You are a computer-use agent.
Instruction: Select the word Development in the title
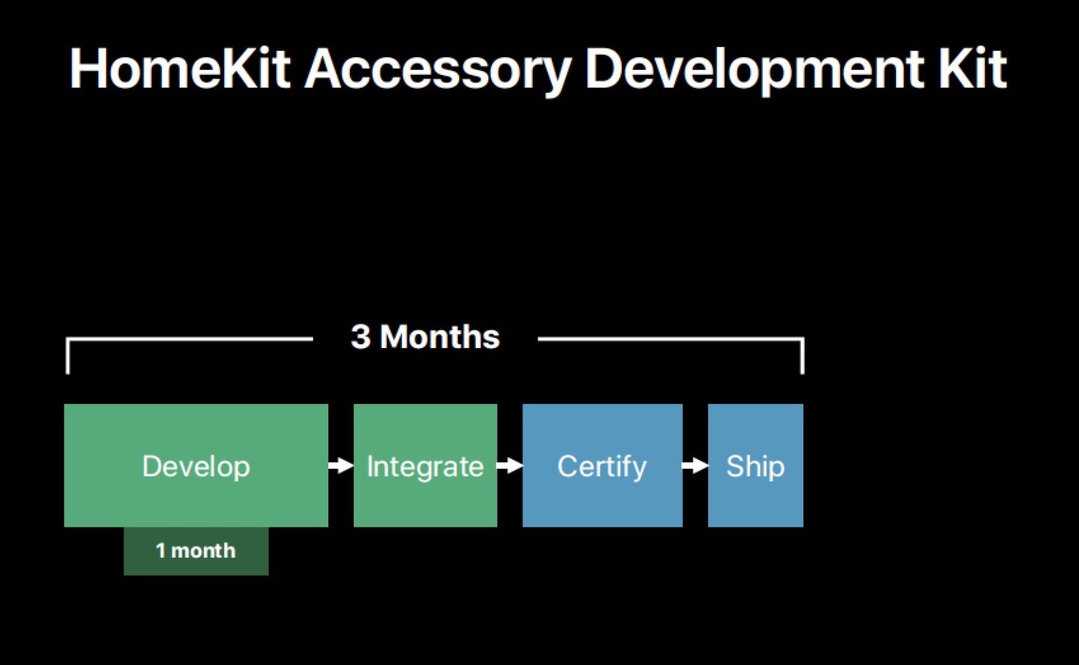754,71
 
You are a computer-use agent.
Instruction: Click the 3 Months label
425,336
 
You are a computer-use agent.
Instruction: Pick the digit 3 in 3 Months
361,336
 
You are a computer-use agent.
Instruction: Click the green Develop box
196,465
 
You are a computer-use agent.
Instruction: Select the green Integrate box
425,465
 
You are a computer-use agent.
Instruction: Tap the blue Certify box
603,465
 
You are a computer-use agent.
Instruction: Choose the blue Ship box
755,465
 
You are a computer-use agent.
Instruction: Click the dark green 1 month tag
196,551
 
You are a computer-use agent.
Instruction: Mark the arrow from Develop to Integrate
341,466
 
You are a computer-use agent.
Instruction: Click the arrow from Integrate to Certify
510,466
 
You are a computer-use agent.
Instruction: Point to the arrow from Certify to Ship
695,466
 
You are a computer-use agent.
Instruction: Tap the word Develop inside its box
196,467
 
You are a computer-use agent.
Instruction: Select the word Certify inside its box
602,467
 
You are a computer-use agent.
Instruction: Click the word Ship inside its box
755,467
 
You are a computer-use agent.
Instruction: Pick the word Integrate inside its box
425,467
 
